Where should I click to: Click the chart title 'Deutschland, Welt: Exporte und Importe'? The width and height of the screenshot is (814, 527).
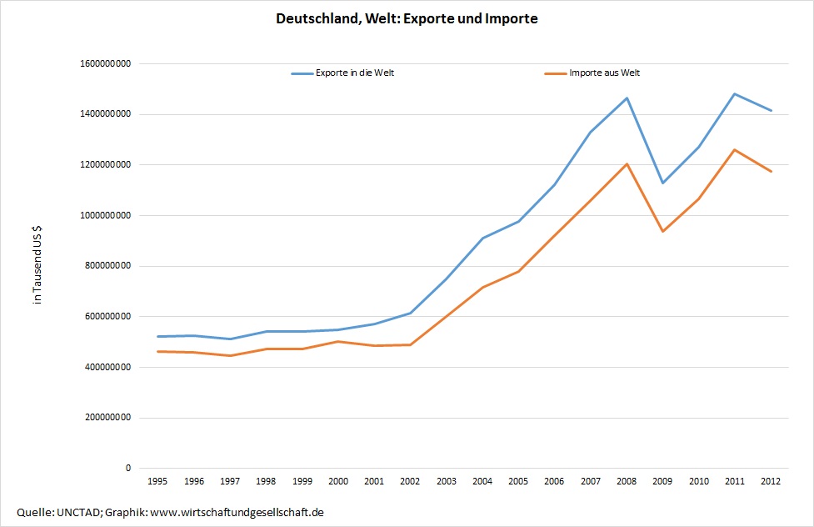click(x=407, y=19)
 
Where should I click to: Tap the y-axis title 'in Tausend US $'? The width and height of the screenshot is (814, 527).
click(x=37, y=266)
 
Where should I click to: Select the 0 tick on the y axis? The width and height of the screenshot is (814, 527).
click(x=128, y=469)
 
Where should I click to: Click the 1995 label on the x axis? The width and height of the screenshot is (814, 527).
click(x=157, y=481)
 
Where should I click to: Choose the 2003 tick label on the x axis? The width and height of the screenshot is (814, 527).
click(x=446, y=481)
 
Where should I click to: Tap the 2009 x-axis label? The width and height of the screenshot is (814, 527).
click(x=662, y=481)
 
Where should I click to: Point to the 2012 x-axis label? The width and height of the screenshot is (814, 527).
click(x=771, y=481)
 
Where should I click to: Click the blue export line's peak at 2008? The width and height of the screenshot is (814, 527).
click(x=627, y=98)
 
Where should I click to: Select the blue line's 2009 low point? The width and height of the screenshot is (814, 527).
click(x=662, y=183)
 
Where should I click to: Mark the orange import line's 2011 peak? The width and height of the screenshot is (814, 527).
click(x=734, y=150)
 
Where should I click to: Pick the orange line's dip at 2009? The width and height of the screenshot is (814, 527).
click(x=662, y=231)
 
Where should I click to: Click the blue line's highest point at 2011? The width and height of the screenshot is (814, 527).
click(x=734, y=93)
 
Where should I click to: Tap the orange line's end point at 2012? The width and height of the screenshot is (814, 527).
click(x=771, y=171)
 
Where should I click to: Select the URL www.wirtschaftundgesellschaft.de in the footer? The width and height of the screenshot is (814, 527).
click(x=235, y=511)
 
